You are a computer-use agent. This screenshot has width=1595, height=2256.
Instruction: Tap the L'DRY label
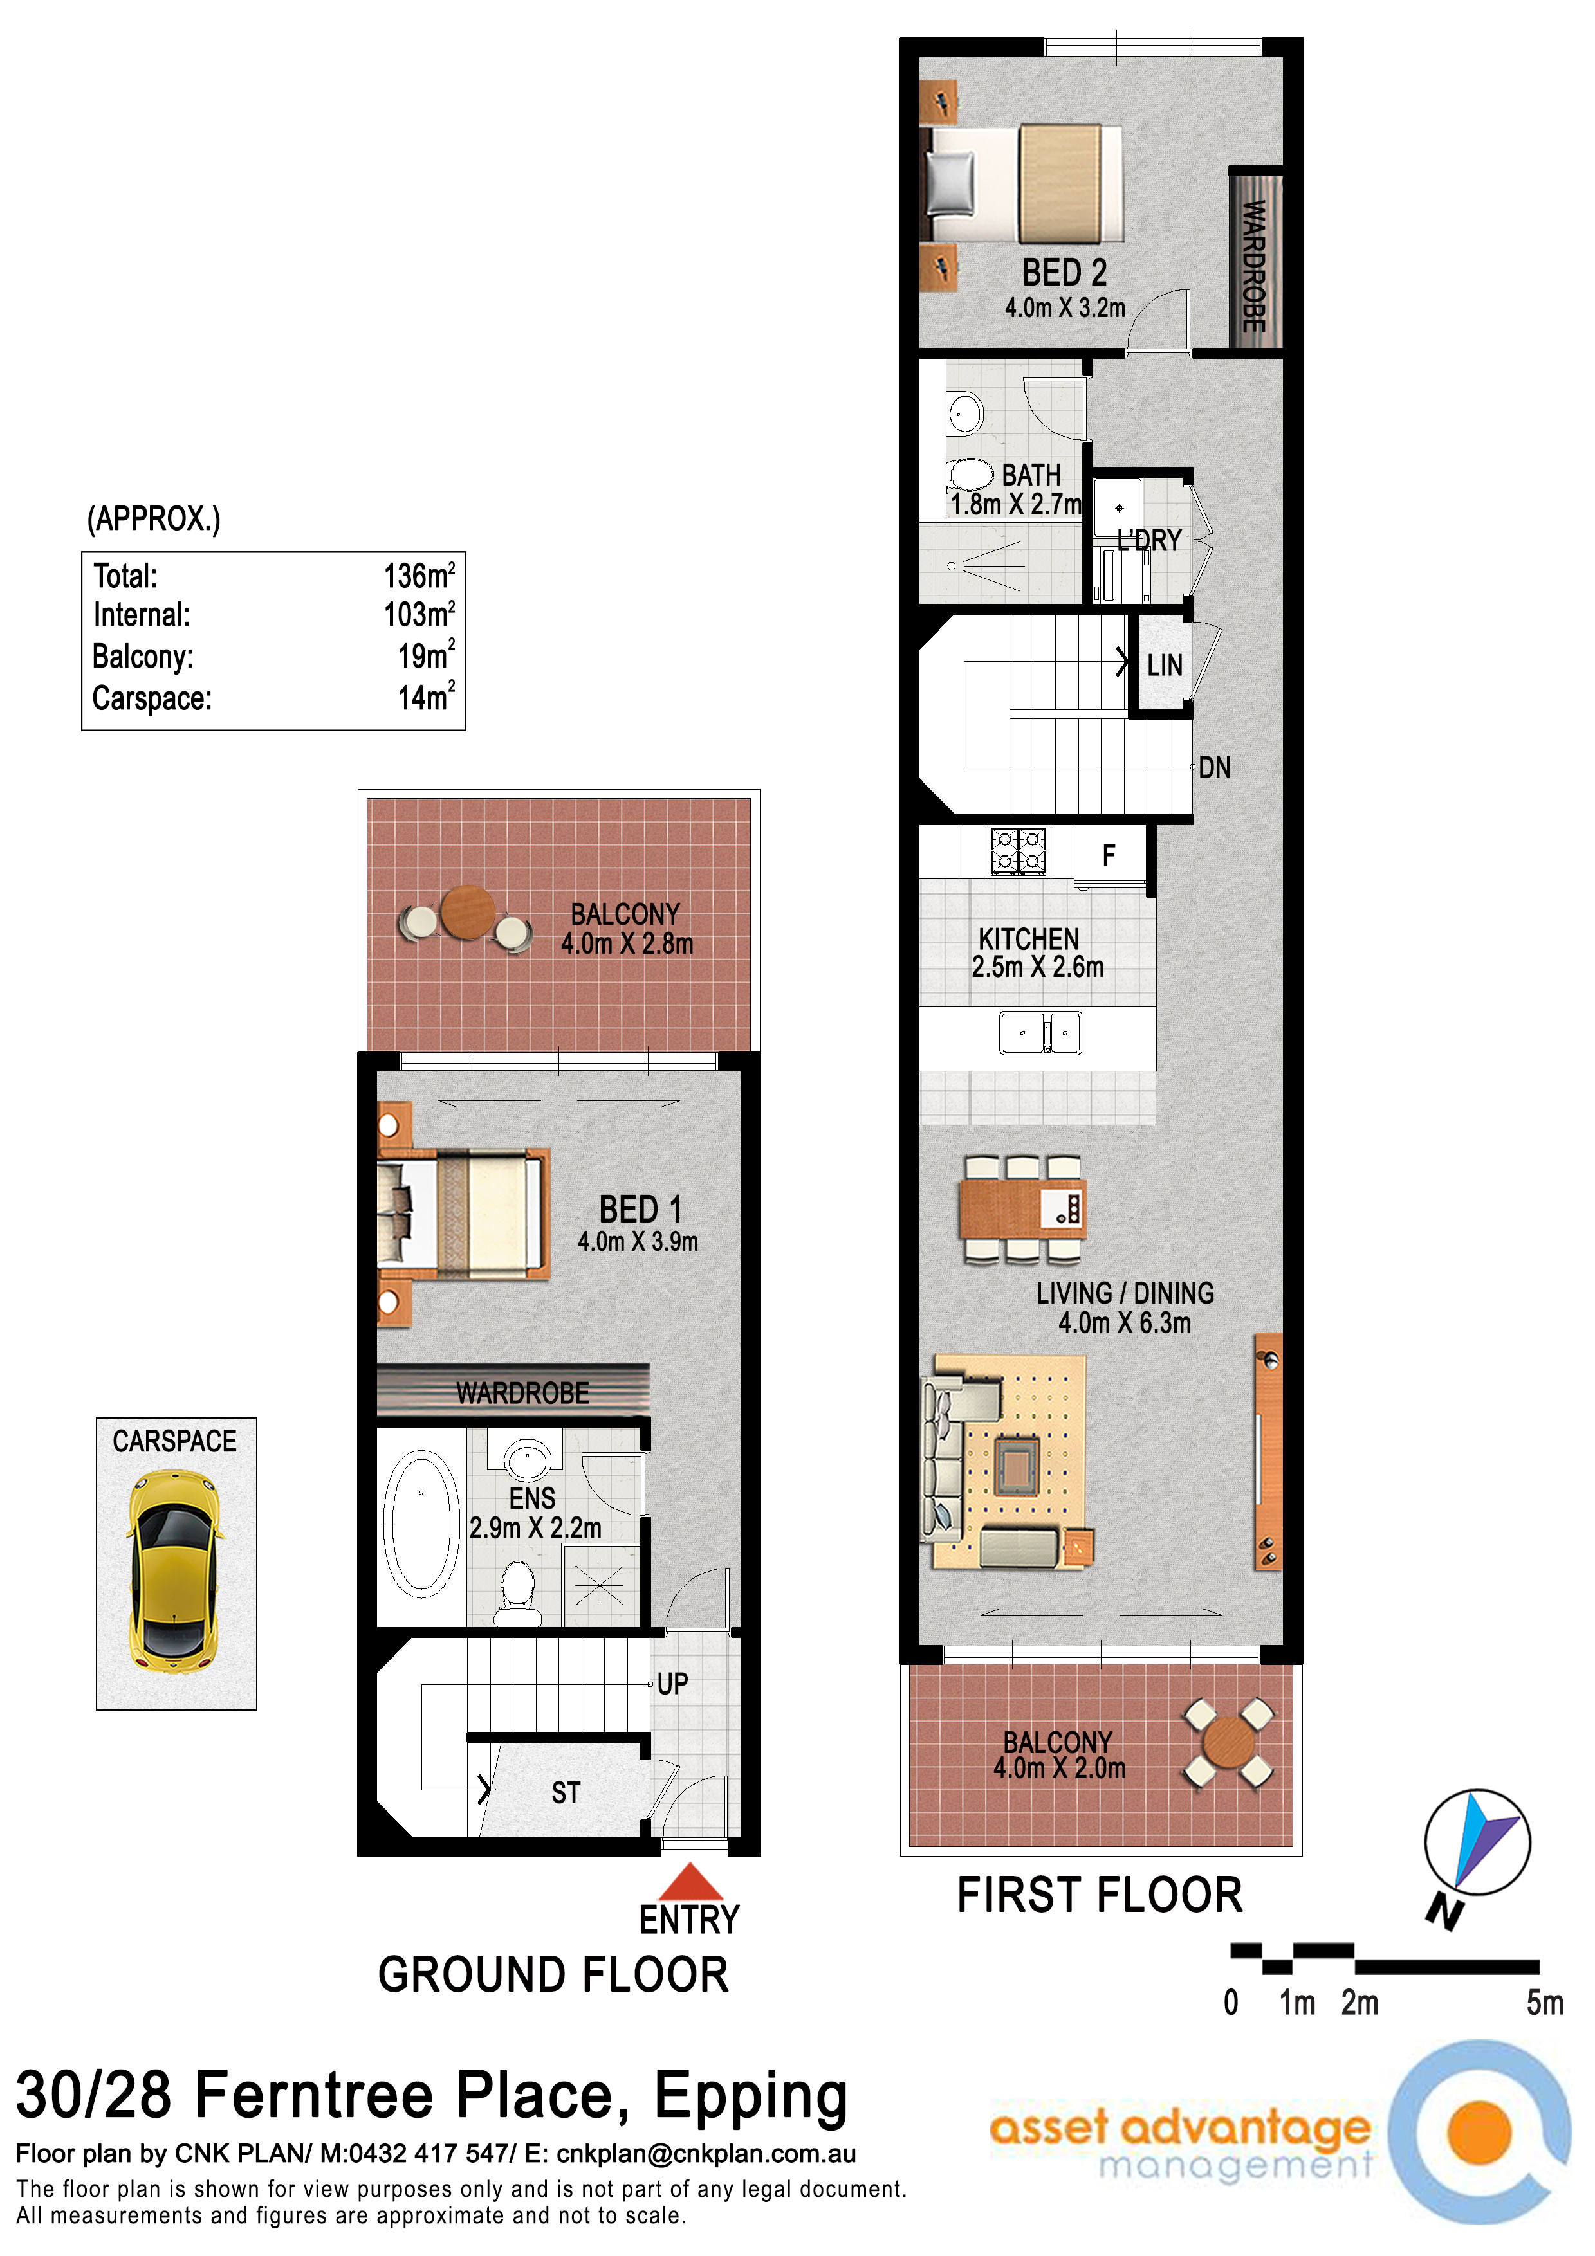tap(1149, 540)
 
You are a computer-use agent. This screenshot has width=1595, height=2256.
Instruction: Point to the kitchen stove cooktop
tap(1018, 851)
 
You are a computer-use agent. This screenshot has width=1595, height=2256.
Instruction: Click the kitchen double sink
tap(1041, 1033)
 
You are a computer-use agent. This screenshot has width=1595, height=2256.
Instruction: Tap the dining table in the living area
tap(1022, 1208)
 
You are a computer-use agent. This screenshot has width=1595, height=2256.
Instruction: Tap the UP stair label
tap(672, 1684)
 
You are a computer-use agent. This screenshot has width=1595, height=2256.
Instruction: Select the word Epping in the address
tap(751, 2099)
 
